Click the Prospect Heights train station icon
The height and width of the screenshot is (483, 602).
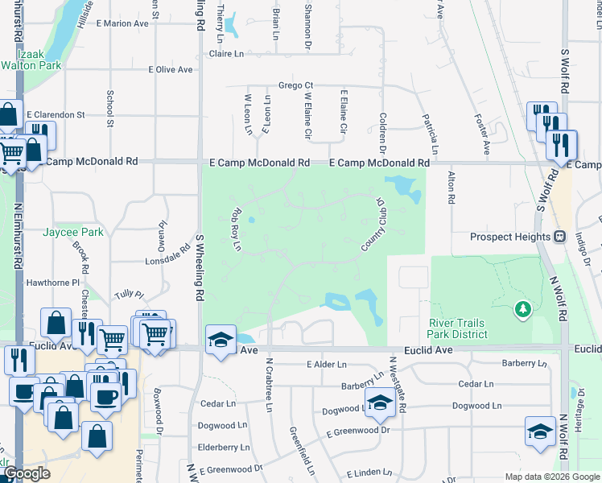tap(559, 237)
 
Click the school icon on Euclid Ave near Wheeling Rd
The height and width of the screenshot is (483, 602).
tap(219, 340)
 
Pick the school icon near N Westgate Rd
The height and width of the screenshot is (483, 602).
tap(379, 404)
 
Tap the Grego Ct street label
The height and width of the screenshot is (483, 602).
tap(295, 85)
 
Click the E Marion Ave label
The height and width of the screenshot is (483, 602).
tap(122, 23)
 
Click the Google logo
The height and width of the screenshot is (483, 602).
tap(27, 474)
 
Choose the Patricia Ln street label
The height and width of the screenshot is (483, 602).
tap(435, 134)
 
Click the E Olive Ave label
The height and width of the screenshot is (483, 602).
tap(170, 70)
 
